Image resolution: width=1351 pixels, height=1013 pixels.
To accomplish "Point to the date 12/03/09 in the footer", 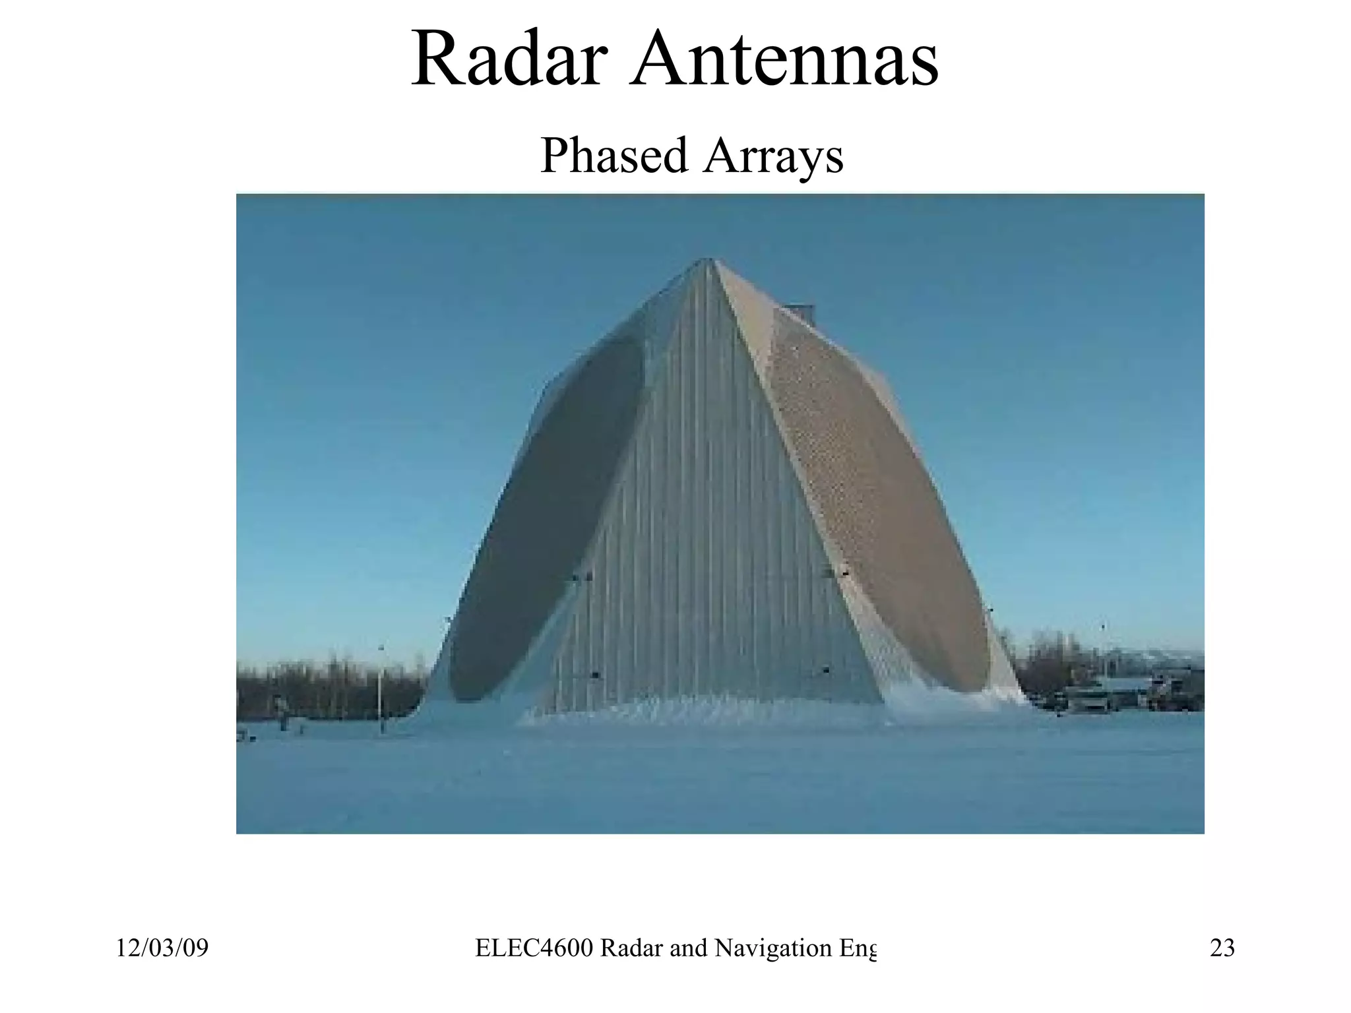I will point(162,948).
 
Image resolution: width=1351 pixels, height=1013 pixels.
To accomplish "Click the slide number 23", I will point(1222,948).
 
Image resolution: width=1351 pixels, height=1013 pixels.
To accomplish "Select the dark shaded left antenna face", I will point(548,521).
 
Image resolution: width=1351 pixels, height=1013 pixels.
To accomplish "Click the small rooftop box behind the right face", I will point(800,313).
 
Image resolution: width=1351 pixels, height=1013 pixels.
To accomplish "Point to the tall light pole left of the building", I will point(381,689).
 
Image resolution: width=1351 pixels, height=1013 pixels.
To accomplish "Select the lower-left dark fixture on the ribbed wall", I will point(595,675).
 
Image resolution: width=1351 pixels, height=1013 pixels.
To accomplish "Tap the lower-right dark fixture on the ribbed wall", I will point(825,670).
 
